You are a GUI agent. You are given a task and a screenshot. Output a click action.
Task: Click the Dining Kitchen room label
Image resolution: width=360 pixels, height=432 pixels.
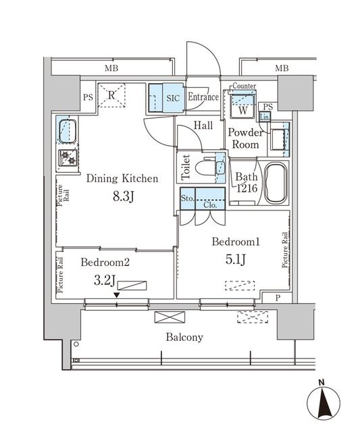pyautogui.click(x=122, y=179)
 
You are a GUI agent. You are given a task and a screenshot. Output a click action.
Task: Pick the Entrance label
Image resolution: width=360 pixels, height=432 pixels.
pyautogui.click(x=203, y=97)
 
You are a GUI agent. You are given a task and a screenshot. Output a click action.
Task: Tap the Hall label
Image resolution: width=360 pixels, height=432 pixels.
pyautogui.click(x=203, y=126)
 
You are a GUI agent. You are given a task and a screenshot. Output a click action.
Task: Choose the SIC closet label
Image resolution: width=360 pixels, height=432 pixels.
pyautogui.click(x=172, y=97)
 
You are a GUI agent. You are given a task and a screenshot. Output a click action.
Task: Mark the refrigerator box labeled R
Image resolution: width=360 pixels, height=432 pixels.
pyautogui.click(x=111, y=94)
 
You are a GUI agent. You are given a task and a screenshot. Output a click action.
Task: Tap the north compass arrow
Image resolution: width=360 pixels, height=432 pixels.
pyautogui.click(x=323, y=403)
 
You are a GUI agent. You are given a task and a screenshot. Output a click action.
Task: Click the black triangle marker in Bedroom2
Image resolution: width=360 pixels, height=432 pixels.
pyautogui.click(x=117, y=295)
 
